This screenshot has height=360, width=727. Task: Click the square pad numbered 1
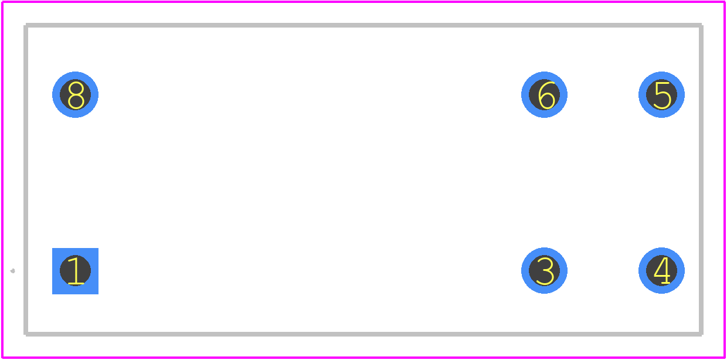coord(75,271)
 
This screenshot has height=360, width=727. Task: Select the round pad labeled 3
coord(544,270)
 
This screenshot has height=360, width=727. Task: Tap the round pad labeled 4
coord(661,270)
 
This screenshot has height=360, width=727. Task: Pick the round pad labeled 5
coord(661,94)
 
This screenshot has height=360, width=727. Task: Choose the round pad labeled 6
coord(544,94)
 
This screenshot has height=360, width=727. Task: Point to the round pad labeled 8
coord(75,94)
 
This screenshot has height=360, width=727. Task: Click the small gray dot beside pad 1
coord(13,271)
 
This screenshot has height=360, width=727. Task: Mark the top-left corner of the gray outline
coord(26,25)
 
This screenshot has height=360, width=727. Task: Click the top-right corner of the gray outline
coord(701,25)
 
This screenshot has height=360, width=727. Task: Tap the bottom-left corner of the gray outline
coord(26,334)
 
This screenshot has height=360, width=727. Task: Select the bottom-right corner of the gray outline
coord(701,334)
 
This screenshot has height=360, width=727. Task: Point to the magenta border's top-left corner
coord(2,2)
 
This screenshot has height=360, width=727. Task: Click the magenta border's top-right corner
coord(725,2)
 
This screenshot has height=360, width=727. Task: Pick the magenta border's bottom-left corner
coord(2,358)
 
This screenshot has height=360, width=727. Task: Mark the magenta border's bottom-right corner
coord(725,358)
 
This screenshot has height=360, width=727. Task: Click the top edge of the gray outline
coord(363,25)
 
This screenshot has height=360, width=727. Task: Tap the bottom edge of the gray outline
coord(363,334)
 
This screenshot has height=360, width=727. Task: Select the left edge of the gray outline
coord(26,179)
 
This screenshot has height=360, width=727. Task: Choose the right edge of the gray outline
coord(701,179)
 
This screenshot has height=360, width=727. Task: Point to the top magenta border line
coord(363,2)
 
